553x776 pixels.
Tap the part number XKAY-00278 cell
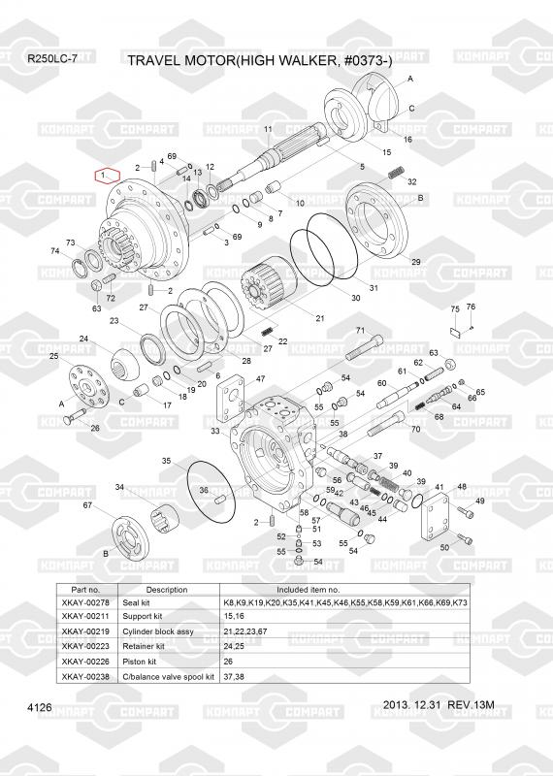click(x=85, y=602)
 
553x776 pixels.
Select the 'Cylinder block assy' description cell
click(x=158, y=631)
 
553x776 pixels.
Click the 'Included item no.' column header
click(x=308, y=590)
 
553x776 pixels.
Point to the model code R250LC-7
click(x=52, y=58)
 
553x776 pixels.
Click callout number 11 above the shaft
click(x=268, y=129)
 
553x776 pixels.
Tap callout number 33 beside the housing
click(x=214, y=431)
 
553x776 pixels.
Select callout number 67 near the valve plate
click(x=87, y=505)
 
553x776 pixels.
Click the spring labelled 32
click(x=396, y=174)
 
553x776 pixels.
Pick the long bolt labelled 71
click(x=364, y=348)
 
